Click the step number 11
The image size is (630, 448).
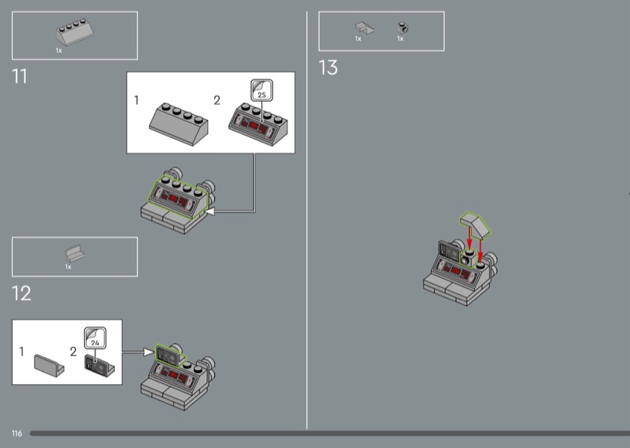tap(19, 76)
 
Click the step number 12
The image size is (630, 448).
tap(21, 293)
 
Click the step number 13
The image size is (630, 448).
tap(328, 67)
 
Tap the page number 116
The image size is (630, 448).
tap(17, 433)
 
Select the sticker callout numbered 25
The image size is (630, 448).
tap(262, 90)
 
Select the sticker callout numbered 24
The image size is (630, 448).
tap(95, 338)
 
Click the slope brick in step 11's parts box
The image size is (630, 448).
tap(75, 32)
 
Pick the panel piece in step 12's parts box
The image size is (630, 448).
tap(75, 253)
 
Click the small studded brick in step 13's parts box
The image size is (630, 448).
tap(402, 28)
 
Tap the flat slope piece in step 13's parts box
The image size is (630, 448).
tap(364, 28)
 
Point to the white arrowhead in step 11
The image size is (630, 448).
tap(209, 211)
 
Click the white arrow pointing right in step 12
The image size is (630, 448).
tap(138, 353)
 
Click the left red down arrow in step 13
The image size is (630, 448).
tap(469, 237)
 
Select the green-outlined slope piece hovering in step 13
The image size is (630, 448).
tap(475, 225)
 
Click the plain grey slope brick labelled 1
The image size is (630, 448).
tap(179, 124)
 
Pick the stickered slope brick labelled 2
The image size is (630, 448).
tap(258, 124)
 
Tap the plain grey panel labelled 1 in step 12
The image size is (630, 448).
tap(49, 365)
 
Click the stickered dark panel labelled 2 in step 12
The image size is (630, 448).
tap(99, 365)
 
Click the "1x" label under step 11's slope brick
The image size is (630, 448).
tap(59, 50)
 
